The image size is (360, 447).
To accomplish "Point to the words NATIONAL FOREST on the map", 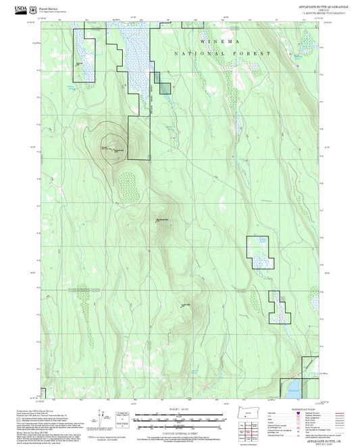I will pyautogui.click(x=222, y=53).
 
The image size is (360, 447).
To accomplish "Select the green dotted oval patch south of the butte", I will pyautogui.click(x=128, y=181).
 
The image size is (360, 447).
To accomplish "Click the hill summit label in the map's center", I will pyautogui.click(x=164, y=220).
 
